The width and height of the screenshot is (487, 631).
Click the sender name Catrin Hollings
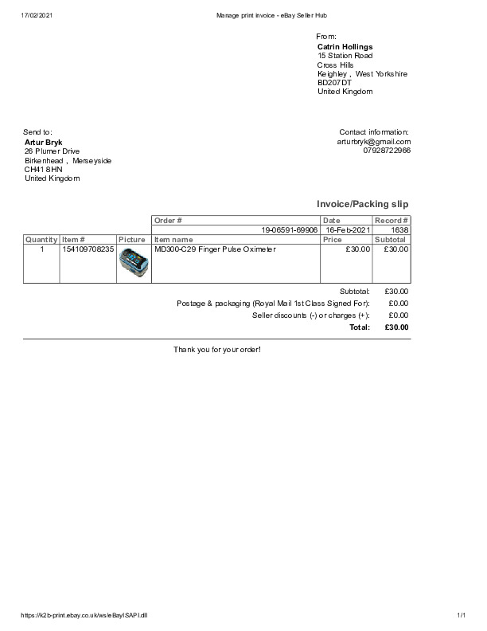click(345, 47)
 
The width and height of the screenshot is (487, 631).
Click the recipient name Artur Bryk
click(44, 142)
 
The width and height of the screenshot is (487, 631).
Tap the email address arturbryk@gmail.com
click(373, 141)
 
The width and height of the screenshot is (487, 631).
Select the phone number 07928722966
click(387, 150)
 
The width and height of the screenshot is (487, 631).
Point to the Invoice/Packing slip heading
click(362, 204)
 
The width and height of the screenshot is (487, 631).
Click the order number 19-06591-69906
click(290, 229)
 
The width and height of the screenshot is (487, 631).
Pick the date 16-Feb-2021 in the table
click(348, 229)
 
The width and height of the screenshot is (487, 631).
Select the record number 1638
click(399, 229)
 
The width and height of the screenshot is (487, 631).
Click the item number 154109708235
click(88, 249)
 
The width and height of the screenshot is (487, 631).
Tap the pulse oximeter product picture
click(134, 263)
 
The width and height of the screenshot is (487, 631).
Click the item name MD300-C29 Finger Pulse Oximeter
click(215, 249)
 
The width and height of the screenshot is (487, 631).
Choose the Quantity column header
click(41, 239)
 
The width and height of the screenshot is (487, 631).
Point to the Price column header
click(333, 239)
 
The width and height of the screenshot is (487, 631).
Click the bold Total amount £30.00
click(396, 327)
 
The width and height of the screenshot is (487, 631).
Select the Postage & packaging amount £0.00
click(398, 304)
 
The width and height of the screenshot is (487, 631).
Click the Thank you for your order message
click(217, 350)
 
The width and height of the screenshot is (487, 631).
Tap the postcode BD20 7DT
click(334, 83)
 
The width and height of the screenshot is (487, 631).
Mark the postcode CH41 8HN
click(43, 170)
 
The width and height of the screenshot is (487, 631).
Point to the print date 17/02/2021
click(37, 15)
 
